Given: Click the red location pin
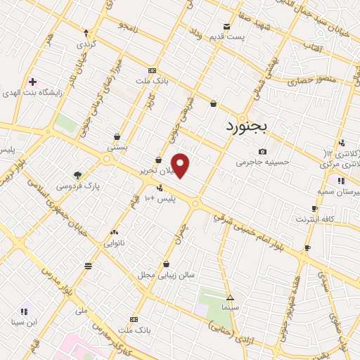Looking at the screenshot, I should click(x=181, y=165).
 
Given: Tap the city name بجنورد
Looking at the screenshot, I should click(x=247, y=127).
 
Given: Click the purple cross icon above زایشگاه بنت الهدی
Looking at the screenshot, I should click(x=32, y=82).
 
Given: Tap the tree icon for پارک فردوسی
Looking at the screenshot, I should click(x=77, y=175).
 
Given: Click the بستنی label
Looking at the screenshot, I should click(x=117, y=148).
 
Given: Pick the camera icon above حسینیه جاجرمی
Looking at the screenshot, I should click(x=262, y=151).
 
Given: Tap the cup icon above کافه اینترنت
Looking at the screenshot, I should click(x=314, y=209).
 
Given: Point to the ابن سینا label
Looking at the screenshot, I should click(x=23, y=323).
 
